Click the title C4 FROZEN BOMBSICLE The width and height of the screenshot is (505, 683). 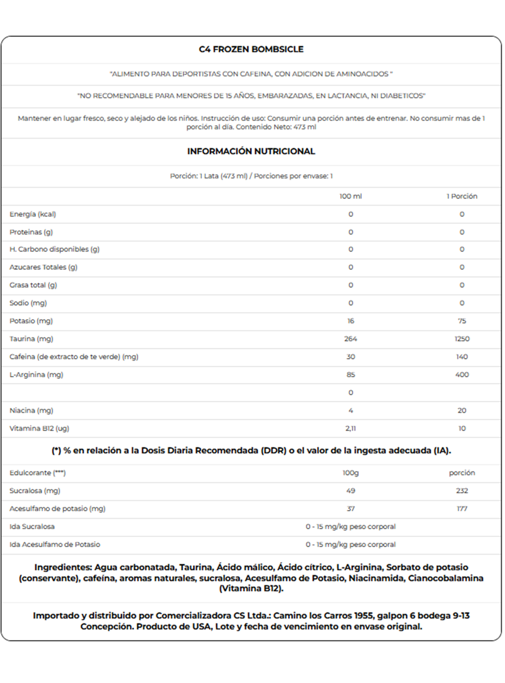coord(251,50)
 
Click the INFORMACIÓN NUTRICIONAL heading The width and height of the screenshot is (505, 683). coord(251,151)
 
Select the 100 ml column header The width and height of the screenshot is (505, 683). coord(350,196)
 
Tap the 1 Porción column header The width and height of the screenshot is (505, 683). coord(462,196)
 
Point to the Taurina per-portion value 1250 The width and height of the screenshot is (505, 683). coord(462,339)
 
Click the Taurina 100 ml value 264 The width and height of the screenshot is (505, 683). coord(350,339)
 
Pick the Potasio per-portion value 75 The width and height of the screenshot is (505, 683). coord(462,321)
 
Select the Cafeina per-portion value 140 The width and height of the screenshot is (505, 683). coord(462,357)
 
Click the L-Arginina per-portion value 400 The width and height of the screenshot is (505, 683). coord(462,375)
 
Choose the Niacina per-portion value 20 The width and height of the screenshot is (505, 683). coord(462,410)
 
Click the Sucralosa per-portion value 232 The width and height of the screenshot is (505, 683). coord(462,491)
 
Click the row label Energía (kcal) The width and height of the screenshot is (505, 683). coord(33,214)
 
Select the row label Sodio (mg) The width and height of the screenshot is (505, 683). coord(28,303)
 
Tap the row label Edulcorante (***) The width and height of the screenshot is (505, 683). coord(38,473)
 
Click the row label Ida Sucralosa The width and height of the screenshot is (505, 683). coord(32,526)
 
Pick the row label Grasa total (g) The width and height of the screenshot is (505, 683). coord(33,285)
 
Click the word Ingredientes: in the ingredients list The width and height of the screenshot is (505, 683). coord(63,567)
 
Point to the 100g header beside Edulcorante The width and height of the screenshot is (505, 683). coord(350,473)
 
